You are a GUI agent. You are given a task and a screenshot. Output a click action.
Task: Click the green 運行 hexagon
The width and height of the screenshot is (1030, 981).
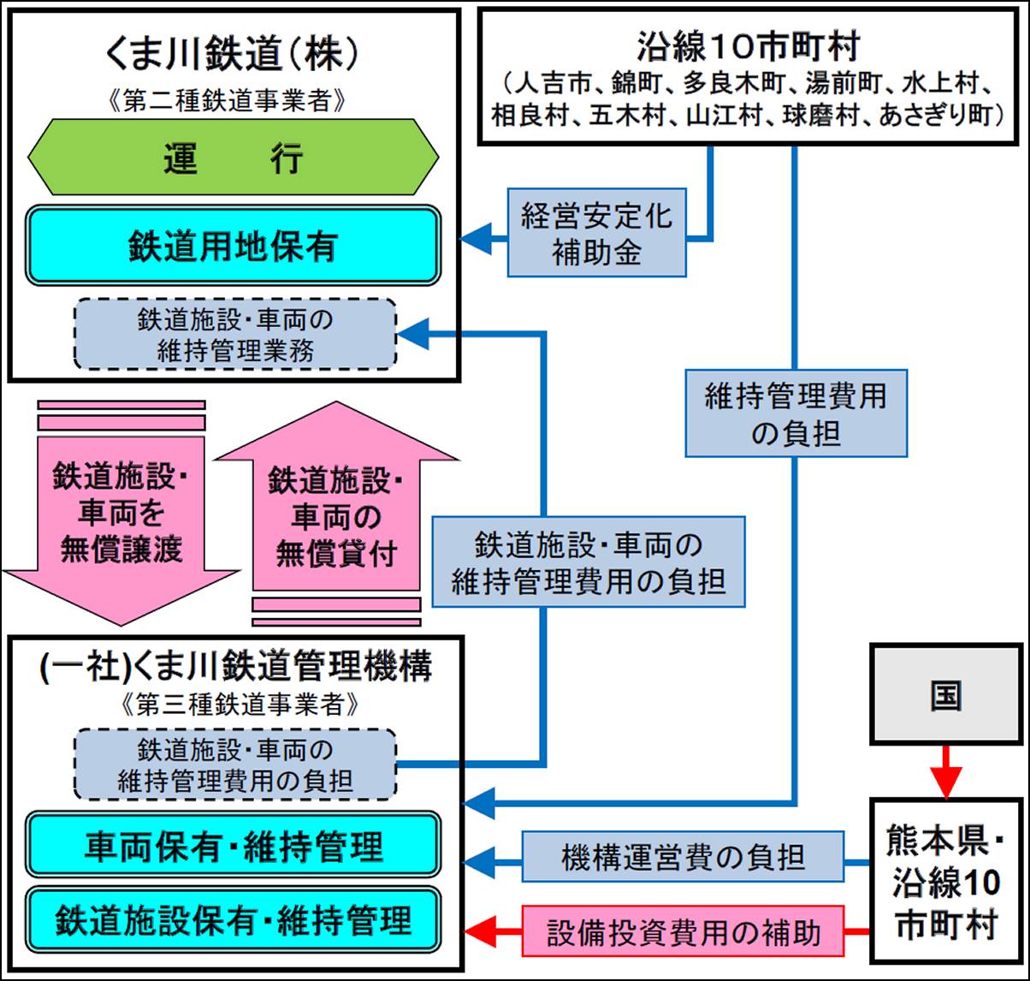point(233,158)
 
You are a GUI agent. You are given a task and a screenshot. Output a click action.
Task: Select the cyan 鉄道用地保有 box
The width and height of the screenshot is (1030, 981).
point(233,246)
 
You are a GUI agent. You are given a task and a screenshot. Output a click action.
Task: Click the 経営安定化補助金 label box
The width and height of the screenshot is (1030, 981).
point(596,233)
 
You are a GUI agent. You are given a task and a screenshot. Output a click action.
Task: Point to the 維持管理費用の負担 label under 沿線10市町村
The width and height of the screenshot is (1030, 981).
point(796,413)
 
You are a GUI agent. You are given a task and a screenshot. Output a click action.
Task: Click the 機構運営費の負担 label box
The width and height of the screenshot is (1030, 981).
point(683,857)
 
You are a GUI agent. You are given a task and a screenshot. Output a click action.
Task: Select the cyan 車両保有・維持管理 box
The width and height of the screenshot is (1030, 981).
point(233,846)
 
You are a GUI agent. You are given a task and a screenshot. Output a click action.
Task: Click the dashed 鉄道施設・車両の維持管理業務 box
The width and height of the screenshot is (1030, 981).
point(235,334)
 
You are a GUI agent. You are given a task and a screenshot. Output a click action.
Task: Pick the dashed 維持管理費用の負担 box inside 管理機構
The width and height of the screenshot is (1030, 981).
point(235,764)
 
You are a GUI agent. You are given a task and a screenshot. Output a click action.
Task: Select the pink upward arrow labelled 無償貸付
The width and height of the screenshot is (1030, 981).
point(336,514)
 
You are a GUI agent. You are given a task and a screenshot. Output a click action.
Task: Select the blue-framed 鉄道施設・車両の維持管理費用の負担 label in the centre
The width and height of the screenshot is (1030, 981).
point(589,562)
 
